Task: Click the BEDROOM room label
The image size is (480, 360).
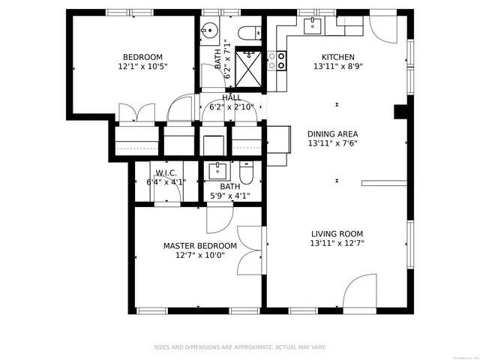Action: pyautogui.click(x=142, y=57)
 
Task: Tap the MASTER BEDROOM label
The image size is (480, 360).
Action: pyautogui.click(x=200, y=246)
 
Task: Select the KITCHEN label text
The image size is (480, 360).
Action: pyautogui.click(x=338, y=57)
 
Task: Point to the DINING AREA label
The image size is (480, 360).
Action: pyautogui.click(x=332, y=133)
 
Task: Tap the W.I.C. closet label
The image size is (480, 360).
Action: pyautogui.click(x=166, y=172)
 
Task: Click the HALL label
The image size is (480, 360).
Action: pyautogui.click(x=231, y=97)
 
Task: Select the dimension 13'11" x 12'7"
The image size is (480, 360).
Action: pyautogui.click(x=337, y=244)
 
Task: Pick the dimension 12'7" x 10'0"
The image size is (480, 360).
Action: pyautogui.click(x=200, y=255)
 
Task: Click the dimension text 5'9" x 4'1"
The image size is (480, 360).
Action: pyautogui.click(x=229, y=196)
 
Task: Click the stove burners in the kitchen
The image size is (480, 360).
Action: pyautogui.click(x=281, y=59)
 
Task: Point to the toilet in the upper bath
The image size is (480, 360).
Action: pyautogui.click(x=250, y=31)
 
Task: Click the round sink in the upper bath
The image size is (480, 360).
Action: pyautogui.click(x=210, y=31)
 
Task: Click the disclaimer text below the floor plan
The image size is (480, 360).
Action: pyautogui.click(x=240, y=347)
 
